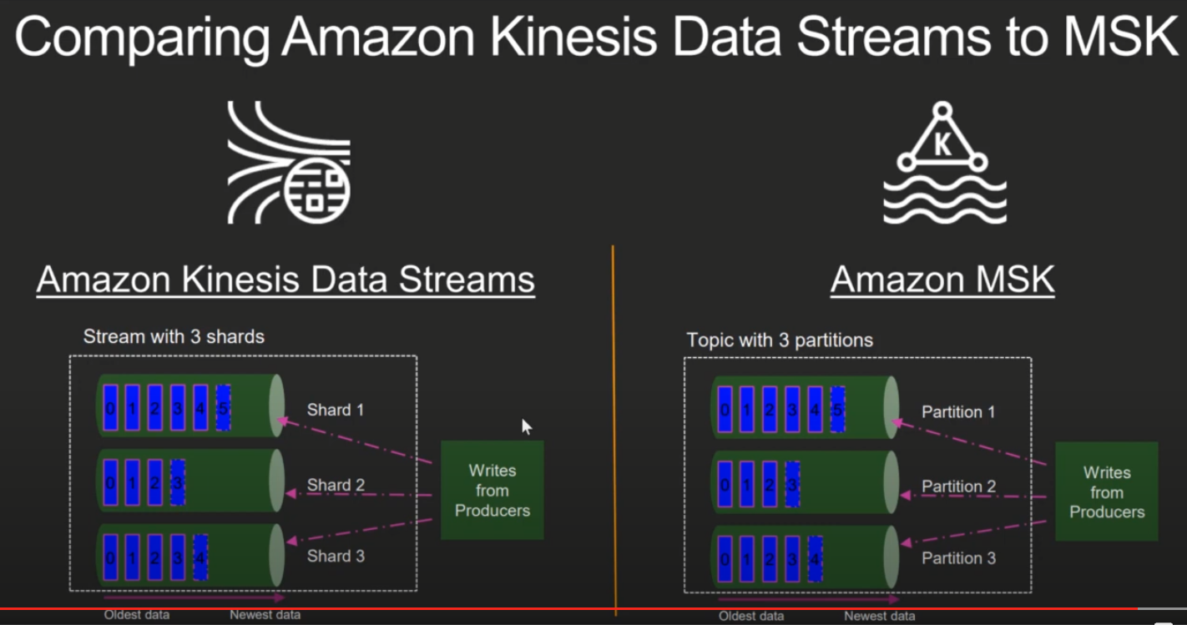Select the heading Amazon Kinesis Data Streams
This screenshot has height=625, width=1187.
pyautogui.click(x=285, y=280)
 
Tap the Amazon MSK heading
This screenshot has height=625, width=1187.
pyautogui.click(x=942, y=280)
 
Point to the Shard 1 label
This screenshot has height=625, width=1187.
pyautogui.click(x=336, y=410)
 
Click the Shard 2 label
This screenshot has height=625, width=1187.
pyautogui.click(x=336, y=485)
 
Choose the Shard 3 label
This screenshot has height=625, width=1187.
pyautogui.click(x=336, y=556)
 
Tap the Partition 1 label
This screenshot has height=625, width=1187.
pyautogui.click(x=958, y=412)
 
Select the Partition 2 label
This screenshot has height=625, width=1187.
pyautogui.click(x=958, y=486)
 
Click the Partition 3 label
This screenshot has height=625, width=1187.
pyautogui.click(x=958, y=558)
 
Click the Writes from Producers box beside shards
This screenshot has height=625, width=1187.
pyautogui.click(x=492, y=490)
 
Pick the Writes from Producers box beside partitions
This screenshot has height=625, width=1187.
pyautogui.click(x=1106, y=492)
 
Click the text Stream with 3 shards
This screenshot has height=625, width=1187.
pyautogui.click(x=174, y=337)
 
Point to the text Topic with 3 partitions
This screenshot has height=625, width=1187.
pyautogui.click(x=780, y=340)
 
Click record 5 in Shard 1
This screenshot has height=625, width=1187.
pyautogui.click(x=223, y=407)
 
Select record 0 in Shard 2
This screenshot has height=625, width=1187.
pyautogui.click(x=110, y=481)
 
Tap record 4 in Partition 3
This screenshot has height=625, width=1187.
pyautogui.click(x=816, y=558)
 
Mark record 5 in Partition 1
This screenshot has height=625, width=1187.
pyautogui.click(x=837, y=409)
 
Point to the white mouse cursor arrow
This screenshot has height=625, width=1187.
pyautogui.click(x=526, y=426)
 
